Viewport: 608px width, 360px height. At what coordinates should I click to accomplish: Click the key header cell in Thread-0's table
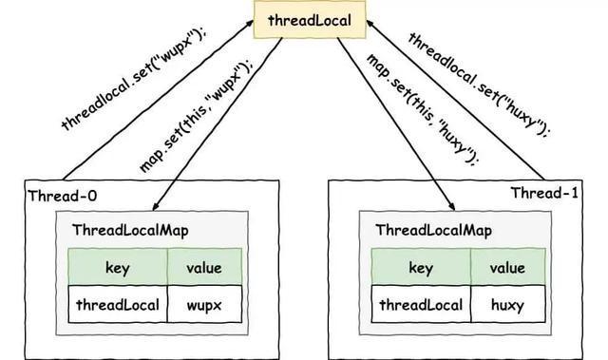[117, 268]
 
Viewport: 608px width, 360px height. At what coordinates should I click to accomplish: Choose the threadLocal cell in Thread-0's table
[117, 306]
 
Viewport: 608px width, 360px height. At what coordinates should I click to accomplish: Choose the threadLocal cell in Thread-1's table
[421, 306]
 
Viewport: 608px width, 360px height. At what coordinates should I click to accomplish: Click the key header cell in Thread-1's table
[421, 268]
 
